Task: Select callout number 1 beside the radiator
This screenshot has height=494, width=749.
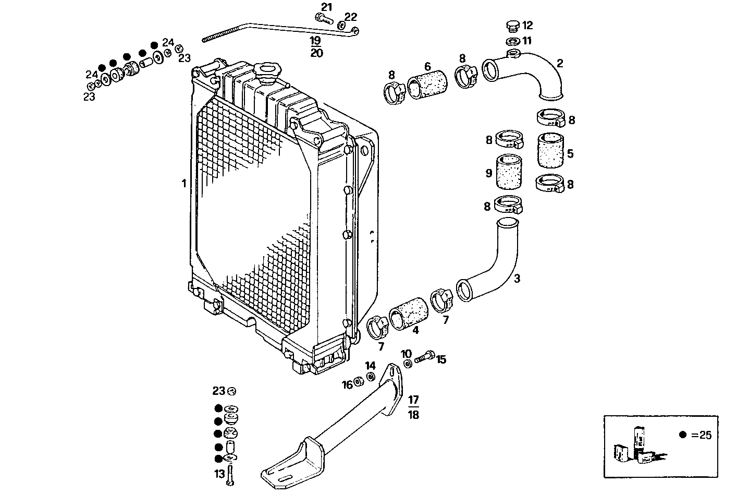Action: pos(183,184)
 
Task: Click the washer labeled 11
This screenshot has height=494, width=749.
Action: pos(512,41)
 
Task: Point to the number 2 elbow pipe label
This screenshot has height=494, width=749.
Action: pos(560,64)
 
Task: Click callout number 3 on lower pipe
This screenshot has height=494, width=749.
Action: pos(517,279)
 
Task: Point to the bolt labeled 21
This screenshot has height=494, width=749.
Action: pos(323,18)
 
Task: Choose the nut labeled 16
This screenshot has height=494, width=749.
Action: pos(359,382)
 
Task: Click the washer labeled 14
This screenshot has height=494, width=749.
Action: pos(370,377)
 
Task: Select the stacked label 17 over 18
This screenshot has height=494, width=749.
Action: pos(413,407)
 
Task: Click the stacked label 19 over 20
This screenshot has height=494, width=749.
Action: pos(316,46)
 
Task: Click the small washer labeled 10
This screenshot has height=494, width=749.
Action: pos(407,363)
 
